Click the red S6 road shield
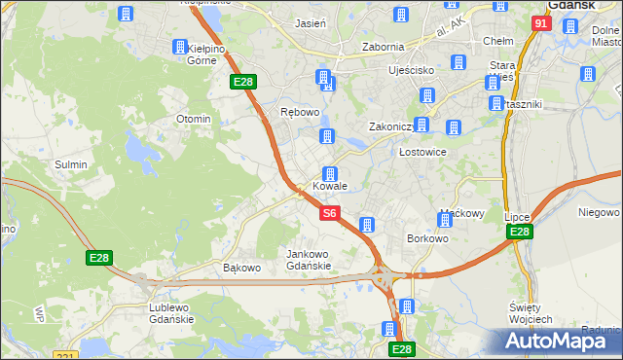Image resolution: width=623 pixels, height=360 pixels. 330,212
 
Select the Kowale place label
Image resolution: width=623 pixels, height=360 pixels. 330,186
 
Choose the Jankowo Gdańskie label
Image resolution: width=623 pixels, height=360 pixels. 309,260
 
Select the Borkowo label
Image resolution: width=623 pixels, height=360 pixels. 427,238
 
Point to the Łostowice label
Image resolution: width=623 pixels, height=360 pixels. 423,153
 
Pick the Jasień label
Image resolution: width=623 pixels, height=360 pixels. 310,22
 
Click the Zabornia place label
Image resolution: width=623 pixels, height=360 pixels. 383,46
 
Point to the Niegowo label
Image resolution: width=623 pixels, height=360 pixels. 598,212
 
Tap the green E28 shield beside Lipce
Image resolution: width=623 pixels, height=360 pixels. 519,232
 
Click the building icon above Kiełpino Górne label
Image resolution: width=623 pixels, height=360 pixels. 180,47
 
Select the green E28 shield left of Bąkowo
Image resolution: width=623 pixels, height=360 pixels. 99,258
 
